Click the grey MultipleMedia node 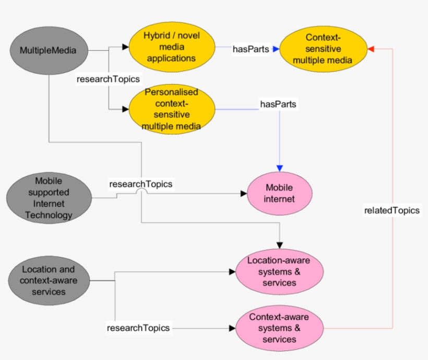[48, 51]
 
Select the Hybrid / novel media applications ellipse [172, 47]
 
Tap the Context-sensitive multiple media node [323, 49]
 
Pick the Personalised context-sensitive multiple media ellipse [172, 109]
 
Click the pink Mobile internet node [279, 193]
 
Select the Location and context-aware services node [48, 281]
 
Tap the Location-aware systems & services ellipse [279, 271]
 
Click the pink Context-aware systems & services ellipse [279, 328]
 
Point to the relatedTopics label [392, 210]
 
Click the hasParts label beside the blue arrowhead [252, 49]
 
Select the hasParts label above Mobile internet [278, 104]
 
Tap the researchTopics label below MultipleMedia [108, 79]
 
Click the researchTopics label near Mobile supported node [140, 184]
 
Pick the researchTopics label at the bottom [138, 328]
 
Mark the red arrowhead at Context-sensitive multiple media [371, 49]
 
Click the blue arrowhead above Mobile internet [279, 168]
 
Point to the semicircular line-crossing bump [141, 193]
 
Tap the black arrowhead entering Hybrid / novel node [125, 47]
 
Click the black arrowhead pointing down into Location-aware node [279, 245]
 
